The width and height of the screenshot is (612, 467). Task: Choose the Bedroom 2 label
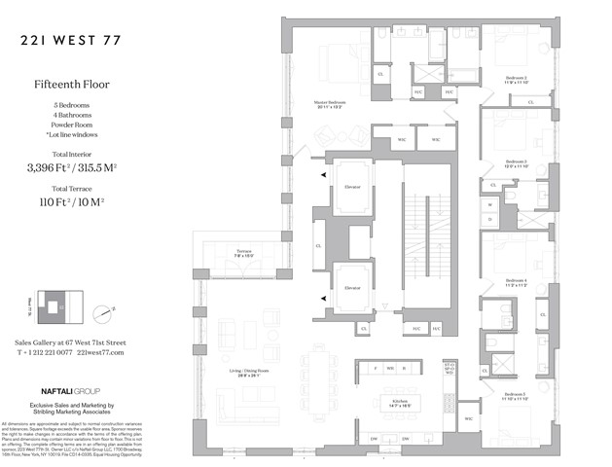click(x=516, y=79)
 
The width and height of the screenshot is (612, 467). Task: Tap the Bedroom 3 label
click(x=516, y=162)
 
